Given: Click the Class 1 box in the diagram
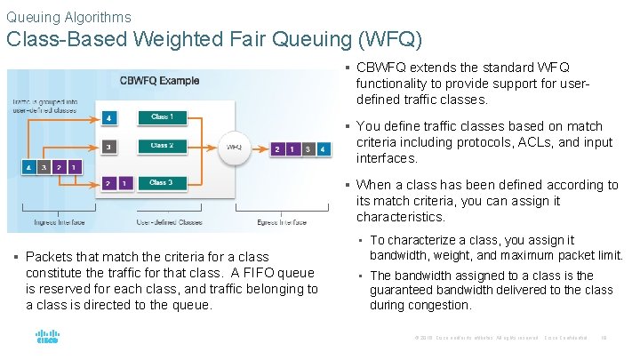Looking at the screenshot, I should point(161,116).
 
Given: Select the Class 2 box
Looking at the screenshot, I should point(161,146).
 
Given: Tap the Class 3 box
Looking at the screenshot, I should point(161,182).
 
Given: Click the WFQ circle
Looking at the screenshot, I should point(234,148).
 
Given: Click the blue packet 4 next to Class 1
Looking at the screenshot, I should point(108,117).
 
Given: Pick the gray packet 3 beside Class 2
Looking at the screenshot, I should point(108,147).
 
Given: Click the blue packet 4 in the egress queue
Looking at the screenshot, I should point(323,148).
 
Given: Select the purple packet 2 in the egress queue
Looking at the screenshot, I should point(277,148).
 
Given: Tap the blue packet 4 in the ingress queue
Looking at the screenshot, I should point(28,166).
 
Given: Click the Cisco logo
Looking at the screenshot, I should point(47,337).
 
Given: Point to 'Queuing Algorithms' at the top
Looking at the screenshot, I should point(68,17).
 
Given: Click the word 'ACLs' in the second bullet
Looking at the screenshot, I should point(531,142).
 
